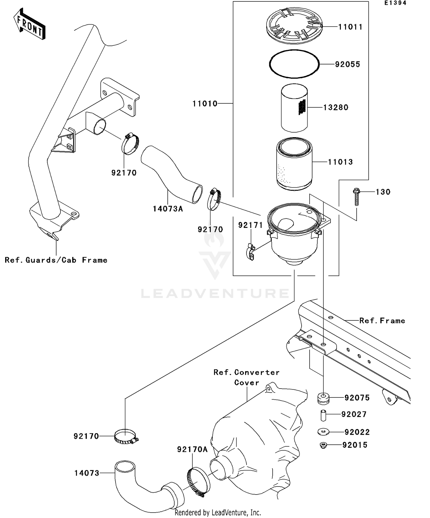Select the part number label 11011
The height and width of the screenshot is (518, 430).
[350, 27]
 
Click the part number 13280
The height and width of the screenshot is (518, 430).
[335, 107]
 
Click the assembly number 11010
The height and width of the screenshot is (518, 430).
[205, 103]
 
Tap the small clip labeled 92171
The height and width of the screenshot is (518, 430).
[251, 252]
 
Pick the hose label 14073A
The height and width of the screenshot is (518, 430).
[168, 209]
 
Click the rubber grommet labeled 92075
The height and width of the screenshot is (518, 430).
[323, 399]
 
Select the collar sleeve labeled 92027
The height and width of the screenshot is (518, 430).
[323, 415]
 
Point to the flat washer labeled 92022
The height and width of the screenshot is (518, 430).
[323, 432]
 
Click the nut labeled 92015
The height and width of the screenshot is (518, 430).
[323, 445]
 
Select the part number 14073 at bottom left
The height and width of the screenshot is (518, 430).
[87, 473]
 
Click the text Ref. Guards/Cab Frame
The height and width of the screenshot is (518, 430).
[56, 260]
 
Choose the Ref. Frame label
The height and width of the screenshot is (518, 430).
[382, 321]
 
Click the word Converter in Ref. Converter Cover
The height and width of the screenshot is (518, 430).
[257, 372]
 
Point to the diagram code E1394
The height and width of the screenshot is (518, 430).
[395, 3]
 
